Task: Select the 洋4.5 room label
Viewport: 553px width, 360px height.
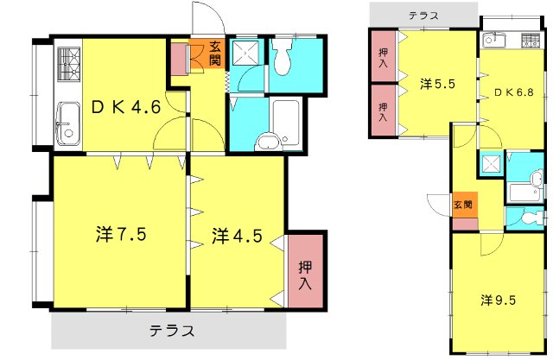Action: click(234, 235)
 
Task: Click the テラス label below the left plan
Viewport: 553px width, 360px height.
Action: click(171, 331)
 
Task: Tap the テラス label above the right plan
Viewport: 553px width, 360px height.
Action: click(423, 15)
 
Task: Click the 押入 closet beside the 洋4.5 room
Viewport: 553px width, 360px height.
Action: click(306, 274)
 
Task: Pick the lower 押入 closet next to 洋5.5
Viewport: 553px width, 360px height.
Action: click(383, 111)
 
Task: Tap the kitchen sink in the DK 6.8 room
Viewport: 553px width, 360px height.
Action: click(494, 39)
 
